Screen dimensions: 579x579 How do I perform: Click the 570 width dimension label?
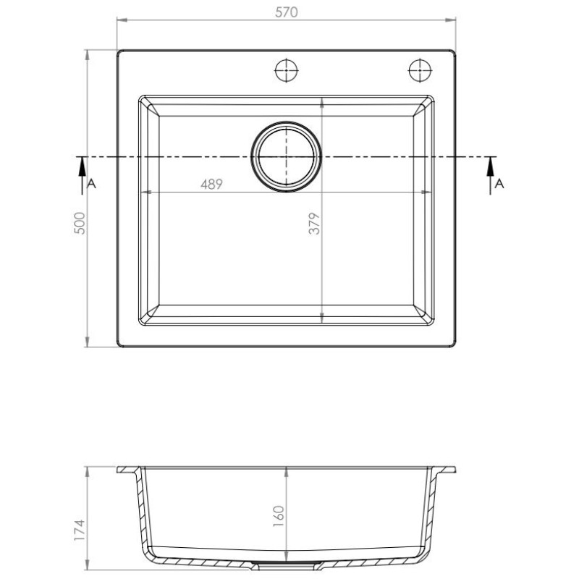pyautogui.click(x=286, y=12)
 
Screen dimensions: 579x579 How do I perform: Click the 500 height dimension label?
pyautogui.click(x=80, y=223)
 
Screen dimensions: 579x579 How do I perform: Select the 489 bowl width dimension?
pyautogui.click(x=211, y=184)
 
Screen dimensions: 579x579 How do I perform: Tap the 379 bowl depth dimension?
pyautogui.click(x=314, y=224)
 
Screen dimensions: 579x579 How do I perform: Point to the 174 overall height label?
pyautogui.click(x=80, y=531)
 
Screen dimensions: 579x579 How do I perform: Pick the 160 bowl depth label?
pyautogui.click(x=279, y=516)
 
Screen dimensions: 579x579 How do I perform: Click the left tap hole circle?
pyautogui.click(x=287, y=70)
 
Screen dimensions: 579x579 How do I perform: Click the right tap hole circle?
pyautogui.click(x=420, y=70)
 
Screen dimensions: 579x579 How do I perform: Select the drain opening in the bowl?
pyautogui.click(x=286, y=157)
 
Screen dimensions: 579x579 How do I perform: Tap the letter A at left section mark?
pyautogui.click(x=91, y=184)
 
